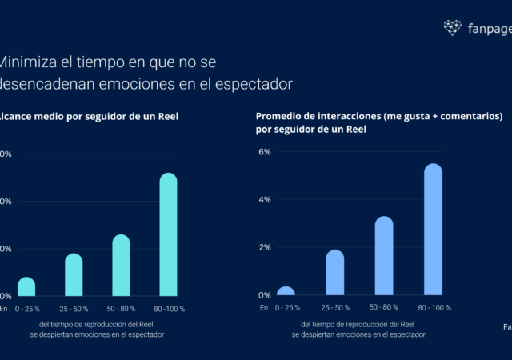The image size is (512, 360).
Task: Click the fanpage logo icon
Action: [x=453, y=28]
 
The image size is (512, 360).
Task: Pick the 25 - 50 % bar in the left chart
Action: [x=74, y=274]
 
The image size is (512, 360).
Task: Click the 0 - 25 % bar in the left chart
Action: [x=26, y=286]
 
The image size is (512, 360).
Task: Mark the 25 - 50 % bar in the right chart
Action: [x=335, y=273]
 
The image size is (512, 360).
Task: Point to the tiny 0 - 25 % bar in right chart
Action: [x=286, y=291]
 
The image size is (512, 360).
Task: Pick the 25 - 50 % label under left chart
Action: [x=74, y=308]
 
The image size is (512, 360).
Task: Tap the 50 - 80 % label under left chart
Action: [x=121, y=308]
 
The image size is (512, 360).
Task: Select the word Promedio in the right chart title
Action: [x=279, y=117]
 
